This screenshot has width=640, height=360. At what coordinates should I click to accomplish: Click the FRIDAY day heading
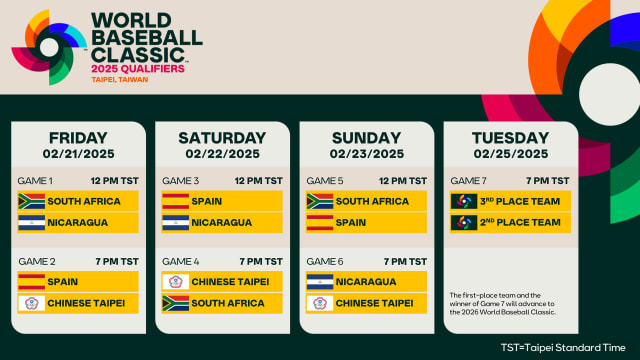78,137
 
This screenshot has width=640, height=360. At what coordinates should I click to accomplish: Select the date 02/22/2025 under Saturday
222,154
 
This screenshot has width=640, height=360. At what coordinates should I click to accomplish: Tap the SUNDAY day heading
366,137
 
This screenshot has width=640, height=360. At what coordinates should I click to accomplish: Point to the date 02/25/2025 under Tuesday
511,154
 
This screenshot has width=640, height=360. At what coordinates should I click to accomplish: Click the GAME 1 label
36,180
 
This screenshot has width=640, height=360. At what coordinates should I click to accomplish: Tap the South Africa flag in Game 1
31,200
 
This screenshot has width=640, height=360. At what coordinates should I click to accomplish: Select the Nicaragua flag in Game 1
31,222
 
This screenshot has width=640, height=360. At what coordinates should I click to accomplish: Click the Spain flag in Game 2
31,281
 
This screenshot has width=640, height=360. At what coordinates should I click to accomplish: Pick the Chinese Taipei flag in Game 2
31,302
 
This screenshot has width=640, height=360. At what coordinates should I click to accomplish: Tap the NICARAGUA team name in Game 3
221,222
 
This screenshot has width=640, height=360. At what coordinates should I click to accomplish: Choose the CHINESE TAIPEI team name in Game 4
231,281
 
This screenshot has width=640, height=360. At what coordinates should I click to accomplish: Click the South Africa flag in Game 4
175,302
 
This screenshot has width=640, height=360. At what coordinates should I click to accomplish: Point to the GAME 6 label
325,261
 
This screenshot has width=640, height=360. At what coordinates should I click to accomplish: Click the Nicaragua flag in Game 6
319,281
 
